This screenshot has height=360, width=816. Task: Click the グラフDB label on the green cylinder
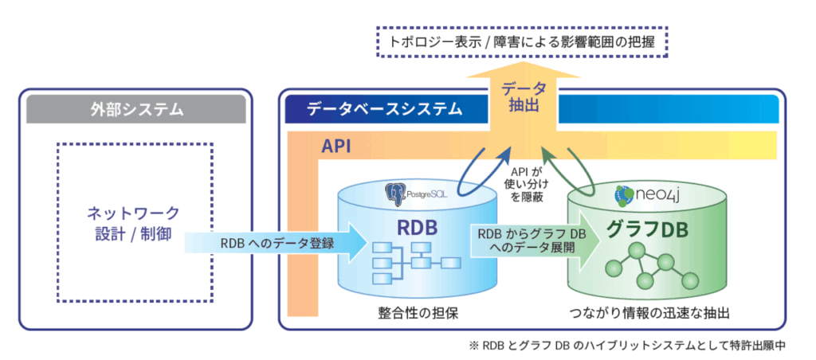tap(641, 229)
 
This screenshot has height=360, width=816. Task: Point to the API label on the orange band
tap(339, 147)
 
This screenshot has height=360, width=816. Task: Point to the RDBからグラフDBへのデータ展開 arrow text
tap(520, 241)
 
